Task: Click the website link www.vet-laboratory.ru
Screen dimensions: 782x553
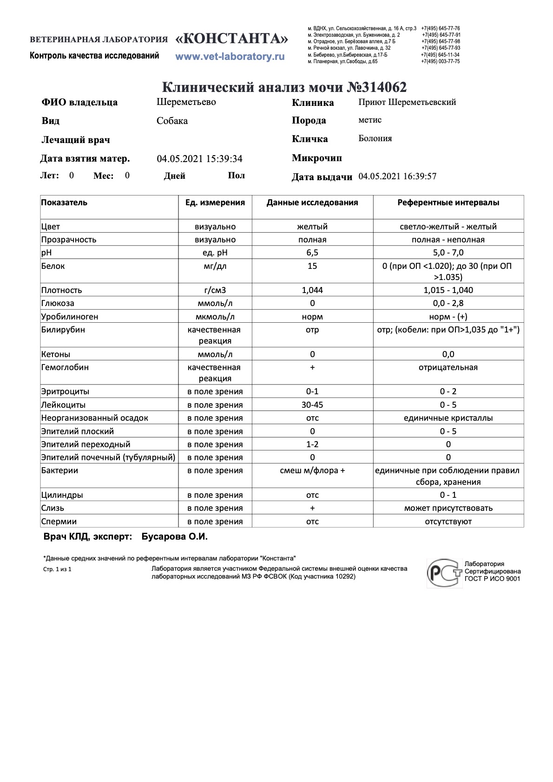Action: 230,57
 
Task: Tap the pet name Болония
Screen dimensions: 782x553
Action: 375,138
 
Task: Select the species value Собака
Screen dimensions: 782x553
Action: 172,121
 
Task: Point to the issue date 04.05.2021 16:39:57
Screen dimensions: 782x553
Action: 397,176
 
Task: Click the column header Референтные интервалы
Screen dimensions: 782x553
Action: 448,202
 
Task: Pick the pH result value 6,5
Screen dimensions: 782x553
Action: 312,253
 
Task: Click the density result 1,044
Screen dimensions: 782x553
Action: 312,290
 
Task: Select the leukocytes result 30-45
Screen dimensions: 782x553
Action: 312,405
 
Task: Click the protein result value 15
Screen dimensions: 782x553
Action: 312,266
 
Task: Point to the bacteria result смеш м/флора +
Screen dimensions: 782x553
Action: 312,470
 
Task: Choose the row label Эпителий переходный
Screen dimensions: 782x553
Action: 86,444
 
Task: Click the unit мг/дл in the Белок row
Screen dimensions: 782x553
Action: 215,266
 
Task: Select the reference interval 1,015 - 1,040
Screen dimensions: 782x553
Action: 448,290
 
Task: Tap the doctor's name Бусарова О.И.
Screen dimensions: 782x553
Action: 174,537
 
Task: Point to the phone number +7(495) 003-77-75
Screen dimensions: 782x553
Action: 440,61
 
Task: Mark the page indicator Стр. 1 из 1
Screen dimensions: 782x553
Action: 57,569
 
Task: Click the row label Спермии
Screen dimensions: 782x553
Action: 59,521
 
